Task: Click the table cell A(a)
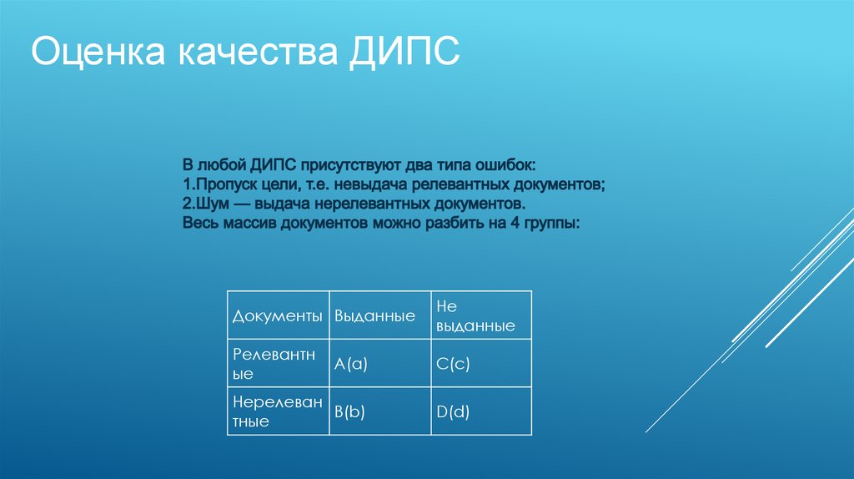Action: coord(380,364)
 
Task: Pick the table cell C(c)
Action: coord(481,364)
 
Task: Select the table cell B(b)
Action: coord(380,411)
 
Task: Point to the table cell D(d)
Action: coord(481,411)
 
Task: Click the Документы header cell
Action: coord(279,315)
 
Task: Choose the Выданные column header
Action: coord(380,315)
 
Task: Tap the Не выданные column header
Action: coord(481,315)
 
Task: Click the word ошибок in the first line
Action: coord(505,165)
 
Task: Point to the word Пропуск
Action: coord(224,184)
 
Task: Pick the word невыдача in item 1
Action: coord(370,184)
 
